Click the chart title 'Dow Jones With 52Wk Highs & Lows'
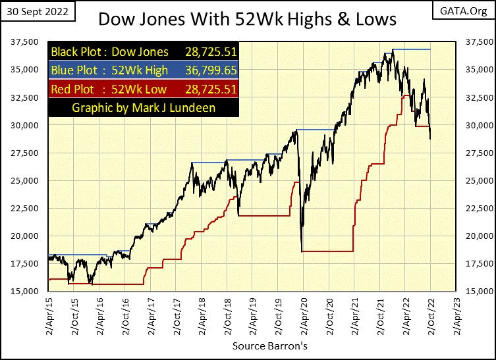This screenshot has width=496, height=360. [x=247, y=18]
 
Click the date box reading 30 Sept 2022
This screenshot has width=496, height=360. [x=39, y=12]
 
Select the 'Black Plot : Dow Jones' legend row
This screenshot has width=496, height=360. [x=109, y=52]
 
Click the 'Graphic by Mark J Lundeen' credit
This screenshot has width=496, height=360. [x=143, y=107]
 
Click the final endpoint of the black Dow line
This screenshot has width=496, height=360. [x=431, y=139]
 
